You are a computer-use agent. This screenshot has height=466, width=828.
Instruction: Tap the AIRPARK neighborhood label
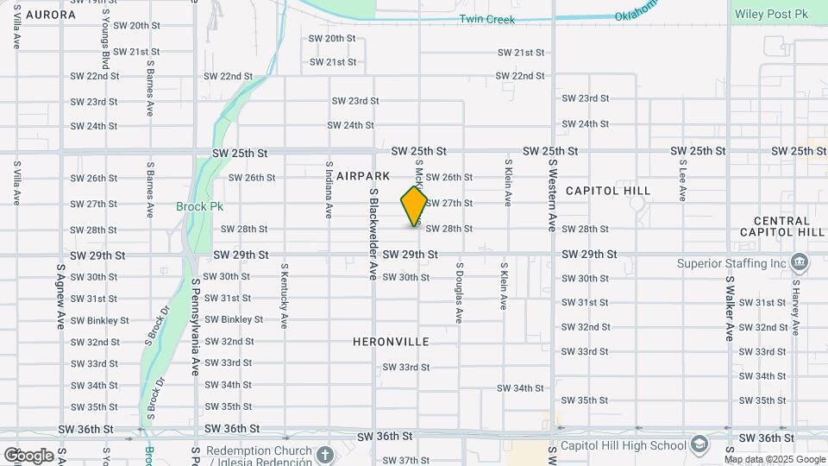(x=363, y=175)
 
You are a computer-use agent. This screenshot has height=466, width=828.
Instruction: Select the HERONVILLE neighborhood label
(x=391, y=342)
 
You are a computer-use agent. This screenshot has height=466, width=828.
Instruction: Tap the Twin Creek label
(x=486, y=19)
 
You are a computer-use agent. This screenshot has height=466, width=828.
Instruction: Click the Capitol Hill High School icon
(x=700, y=445)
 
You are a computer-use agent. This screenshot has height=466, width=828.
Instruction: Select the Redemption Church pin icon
(x=324, y=454)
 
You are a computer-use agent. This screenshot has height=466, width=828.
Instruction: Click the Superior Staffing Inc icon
(x=799, y=262)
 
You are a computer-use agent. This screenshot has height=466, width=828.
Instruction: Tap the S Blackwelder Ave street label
(x=373, y=234)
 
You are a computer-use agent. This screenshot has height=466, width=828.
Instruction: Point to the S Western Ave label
(x=551, y=196)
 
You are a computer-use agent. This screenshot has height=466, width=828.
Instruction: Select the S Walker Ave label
(x=729, y=308)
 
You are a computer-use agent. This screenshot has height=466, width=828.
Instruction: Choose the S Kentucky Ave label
(x=283, y=296)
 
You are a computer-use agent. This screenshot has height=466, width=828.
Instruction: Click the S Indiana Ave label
(x=329, y=188)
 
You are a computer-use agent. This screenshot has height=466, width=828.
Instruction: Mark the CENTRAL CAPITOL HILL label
(x=782, y=226)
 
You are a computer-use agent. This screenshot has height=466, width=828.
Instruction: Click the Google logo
(x=28, y=455)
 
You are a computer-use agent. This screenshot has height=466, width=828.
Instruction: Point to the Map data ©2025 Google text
(x=775, y=459)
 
